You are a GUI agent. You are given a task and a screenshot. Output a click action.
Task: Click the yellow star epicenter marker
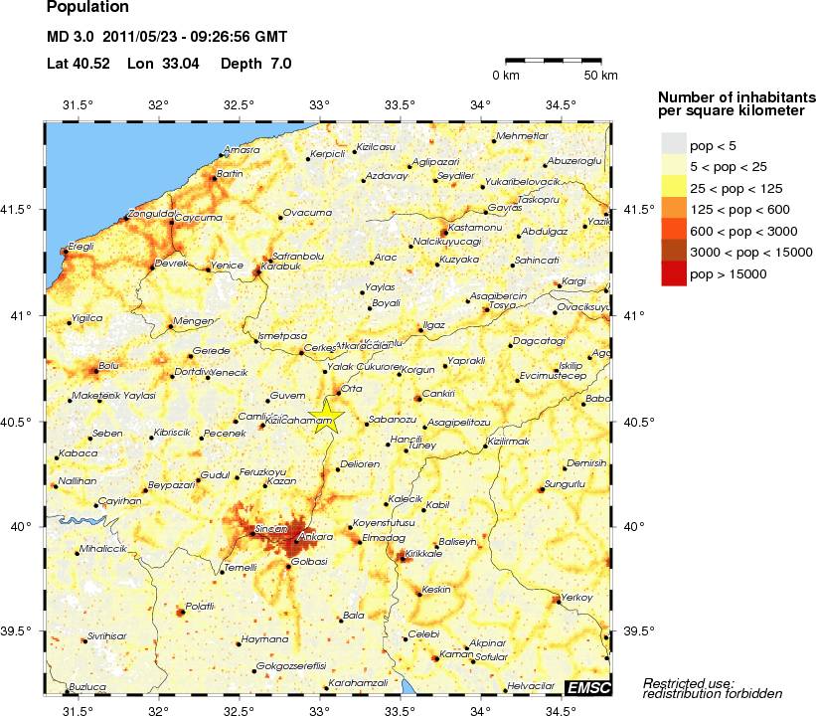326,416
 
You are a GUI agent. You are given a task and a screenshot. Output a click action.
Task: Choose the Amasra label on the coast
243,151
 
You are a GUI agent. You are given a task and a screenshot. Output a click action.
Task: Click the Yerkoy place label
577,597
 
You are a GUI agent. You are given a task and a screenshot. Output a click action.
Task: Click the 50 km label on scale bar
600,76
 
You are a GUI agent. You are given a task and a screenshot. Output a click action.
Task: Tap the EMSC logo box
588,687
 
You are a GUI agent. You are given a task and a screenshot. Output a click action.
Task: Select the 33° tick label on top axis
319,104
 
